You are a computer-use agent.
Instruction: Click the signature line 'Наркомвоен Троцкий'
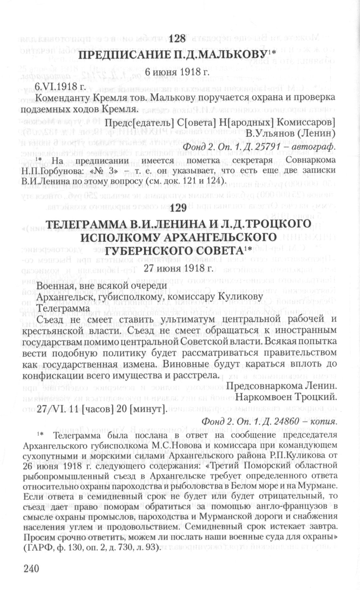[287, 398]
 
